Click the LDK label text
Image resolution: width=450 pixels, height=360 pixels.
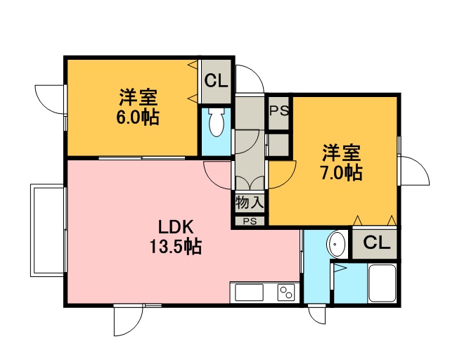click(x=176, y=227)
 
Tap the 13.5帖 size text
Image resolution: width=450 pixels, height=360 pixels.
click(x=175, y=246)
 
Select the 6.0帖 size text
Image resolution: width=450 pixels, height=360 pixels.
click(x=138, y=117)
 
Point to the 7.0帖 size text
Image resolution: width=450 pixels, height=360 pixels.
click(x=341, y=172)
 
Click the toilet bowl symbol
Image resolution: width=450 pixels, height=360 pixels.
click(x=217, y=122)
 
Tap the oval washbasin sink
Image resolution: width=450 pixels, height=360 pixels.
click(x=337, y=245)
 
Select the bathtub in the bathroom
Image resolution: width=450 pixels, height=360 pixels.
click(x=382, y=283)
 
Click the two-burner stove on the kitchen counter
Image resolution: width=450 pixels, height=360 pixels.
click(x=286, y=292)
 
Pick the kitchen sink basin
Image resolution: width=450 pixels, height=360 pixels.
click(x=249, y=292)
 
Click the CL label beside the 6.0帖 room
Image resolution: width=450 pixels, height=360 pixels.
click(x=216, y=81)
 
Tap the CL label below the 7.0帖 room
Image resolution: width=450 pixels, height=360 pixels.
click(x=377, y=243)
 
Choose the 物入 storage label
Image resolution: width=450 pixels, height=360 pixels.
click(x=250, y=202)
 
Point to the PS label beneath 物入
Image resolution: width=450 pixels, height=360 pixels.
click(x=250, y=221)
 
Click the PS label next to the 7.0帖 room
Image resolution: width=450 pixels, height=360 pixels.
click(x=279, y=111)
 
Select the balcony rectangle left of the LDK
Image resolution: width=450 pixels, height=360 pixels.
click(x=47, y=231)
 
